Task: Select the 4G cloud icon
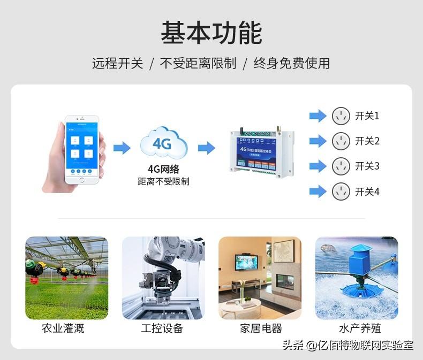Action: [x=163, y=143]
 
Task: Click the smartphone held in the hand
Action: [x=82, y=149]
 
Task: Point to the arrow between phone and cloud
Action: [x=122, y=148]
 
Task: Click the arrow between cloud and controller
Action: [x=206, y=148]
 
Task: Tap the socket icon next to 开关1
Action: [x=341, y=116]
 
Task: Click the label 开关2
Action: [x=367, y=141]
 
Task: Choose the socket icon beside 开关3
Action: [x=341, y=166]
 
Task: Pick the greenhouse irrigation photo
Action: [x=66, y=278]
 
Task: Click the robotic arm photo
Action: [x=163, y=278]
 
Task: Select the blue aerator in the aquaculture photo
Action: [x=359, y=267]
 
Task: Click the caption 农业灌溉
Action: [x=63, y=328]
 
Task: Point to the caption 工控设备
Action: [x=162, y=328]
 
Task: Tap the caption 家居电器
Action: [x=261, y=328]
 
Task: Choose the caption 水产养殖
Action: [x=360, y=328]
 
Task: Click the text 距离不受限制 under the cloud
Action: [x=163, y=182]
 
